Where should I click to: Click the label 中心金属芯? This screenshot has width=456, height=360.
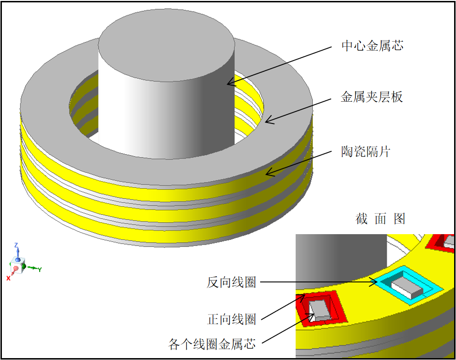[372, 46]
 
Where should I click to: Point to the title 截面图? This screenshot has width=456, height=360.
[380, 219]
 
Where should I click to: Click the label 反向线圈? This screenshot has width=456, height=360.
[231, 282]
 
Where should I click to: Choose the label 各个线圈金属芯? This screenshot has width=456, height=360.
[212, 344]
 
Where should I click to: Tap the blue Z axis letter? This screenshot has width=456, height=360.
[16, 245]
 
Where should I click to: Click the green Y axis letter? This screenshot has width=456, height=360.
[40, 270]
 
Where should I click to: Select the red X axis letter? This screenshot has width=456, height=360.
[8, 279]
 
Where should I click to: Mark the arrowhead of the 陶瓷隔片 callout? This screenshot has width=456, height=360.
[267, 174]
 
